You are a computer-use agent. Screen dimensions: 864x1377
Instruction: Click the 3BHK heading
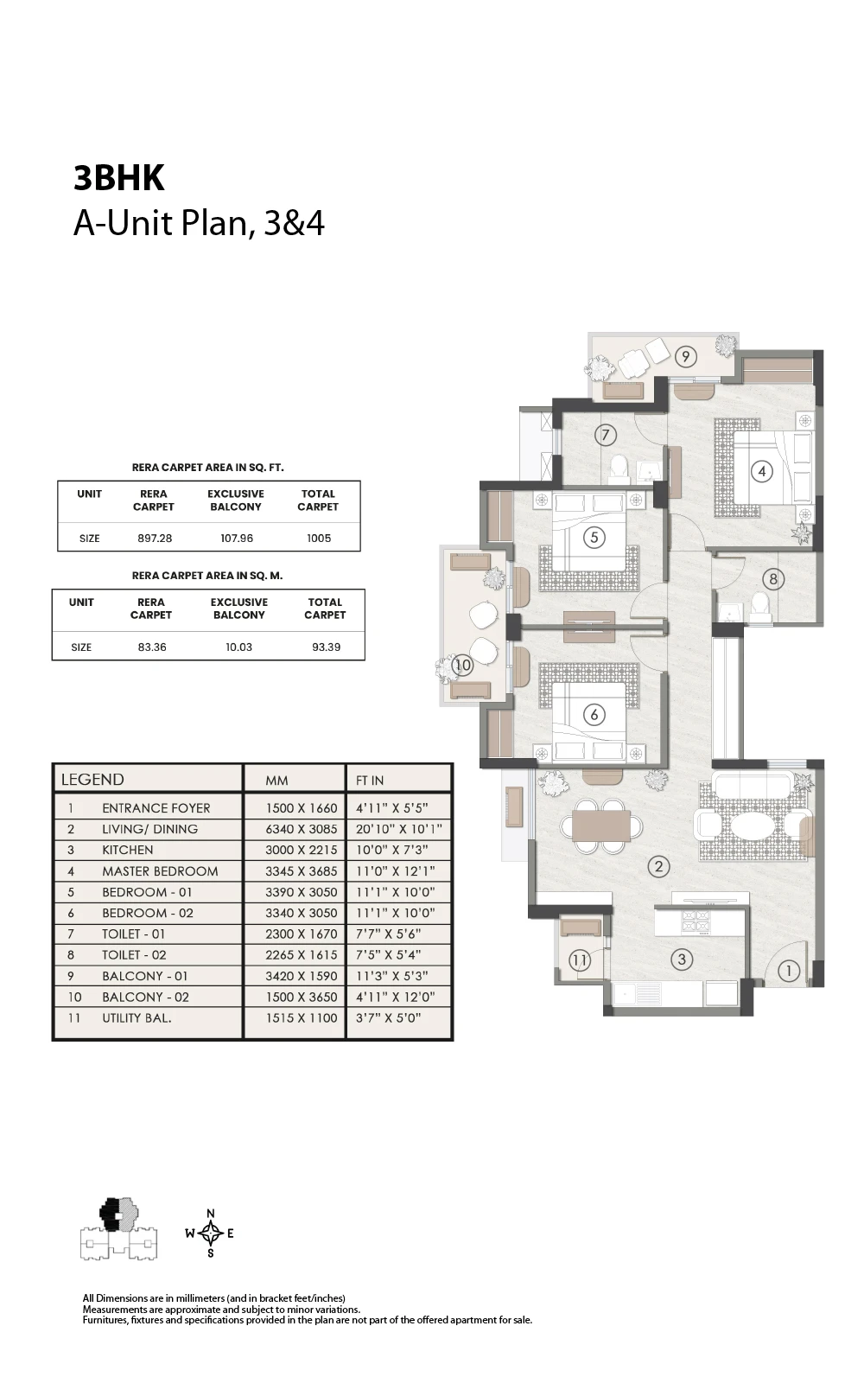[119, 178]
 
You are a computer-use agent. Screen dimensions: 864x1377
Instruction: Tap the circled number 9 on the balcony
[685, 356]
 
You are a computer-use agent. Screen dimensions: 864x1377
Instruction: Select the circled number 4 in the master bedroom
[762, 471]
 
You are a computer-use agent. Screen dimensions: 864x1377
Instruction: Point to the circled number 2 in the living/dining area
[658, 867]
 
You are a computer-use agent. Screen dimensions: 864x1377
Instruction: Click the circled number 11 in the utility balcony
[579, 959]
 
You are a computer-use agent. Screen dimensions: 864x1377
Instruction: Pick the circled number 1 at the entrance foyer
[789, 971]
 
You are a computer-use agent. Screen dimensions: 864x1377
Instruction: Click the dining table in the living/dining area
[601, 826]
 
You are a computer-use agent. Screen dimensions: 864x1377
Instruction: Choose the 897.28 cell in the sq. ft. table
[155, 539]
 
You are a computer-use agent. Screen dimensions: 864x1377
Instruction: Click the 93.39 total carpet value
[326, 647]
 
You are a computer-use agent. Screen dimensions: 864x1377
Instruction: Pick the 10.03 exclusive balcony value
[239, 647]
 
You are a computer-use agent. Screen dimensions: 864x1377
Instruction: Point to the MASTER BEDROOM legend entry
[160, 871]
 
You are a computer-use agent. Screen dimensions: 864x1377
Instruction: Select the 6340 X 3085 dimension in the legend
[302, 829]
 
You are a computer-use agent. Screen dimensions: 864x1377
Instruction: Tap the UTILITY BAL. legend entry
[137, 1018]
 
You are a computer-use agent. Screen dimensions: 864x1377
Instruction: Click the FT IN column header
[369, 781]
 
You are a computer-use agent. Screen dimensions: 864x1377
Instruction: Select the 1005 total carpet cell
[319, 539]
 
